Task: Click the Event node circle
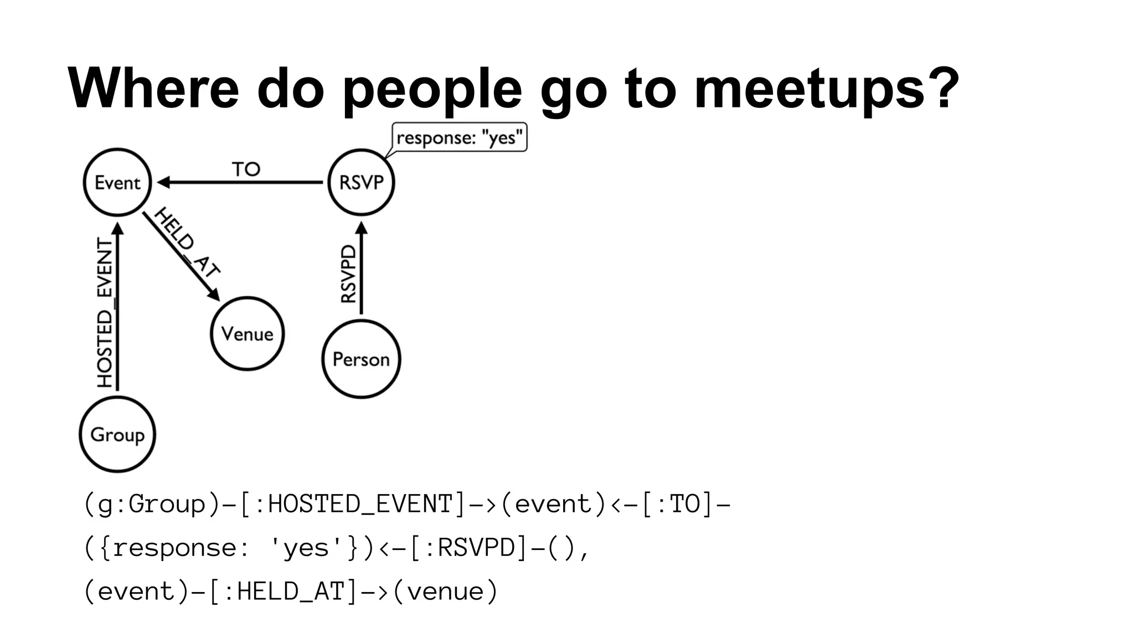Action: pos(117,182)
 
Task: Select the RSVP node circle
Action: pos(361,182)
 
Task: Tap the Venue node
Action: pos(247,333)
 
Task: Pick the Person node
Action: pos(361,359)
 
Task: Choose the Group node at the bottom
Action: pos(117,434)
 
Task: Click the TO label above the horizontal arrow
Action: pos(246,169)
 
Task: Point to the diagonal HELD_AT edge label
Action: pos(187,242)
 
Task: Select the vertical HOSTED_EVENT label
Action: pos(105,313)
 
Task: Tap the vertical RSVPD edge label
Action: pos(348,274)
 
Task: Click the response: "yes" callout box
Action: pos(459,137)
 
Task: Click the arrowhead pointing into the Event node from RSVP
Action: pos(164,182)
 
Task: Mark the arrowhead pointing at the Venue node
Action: pos(214,295)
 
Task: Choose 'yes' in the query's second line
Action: pos(306,548)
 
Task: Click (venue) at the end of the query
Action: pos(445,591)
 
